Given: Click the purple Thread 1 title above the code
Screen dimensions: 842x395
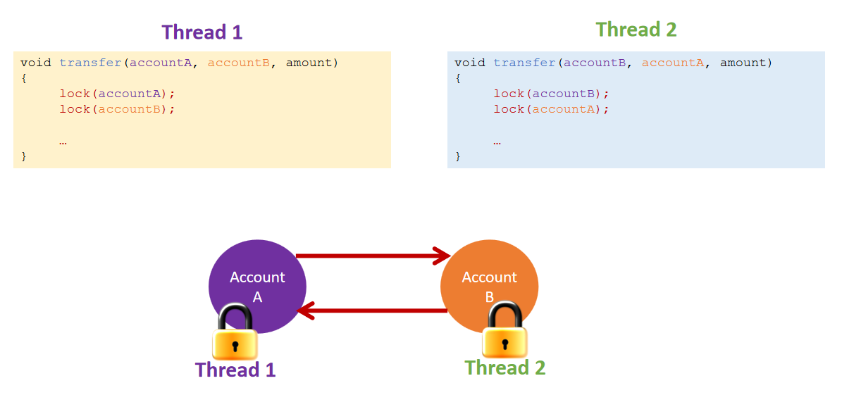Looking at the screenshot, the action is coord(202,32).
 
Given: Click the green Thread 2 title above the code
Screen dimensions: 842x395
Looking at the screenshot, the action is coord(636,30).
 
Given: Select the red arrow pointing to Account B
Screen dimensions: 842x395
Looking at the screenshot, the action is coord(373,256).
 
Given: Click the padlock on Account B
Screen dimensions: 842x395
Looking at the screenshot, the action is coord(504,330).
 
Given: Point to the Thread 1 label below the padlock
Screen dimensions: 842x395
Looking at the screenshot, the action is coord(235,370).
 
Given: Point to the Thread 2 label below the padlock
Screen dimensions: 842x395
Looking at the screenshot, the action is coord(504,368).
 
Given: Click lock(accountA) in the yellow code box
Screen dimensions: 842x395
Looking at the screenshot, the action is coord(118,94).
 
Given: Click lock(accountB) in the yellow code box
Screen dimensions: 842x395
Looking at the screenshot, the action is coord(118,109).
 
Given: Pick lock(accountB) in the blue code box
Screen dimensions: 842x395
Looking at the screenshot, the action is coord(552,94).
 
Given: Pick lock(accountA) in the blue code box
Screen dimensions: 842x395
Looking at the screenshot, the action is coord(552,109).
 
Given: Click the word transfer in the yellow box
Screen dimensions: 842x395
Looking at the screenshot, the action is coord(91,63).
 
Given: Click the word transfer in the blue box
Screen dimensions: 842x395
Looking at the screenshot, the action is coord(525,63).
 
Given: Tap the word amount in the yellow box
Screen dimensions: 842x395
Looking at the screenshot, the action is coord(309,63).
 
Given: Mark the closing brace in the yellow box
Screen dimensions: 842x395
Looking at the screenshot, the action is coord(23,156).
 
